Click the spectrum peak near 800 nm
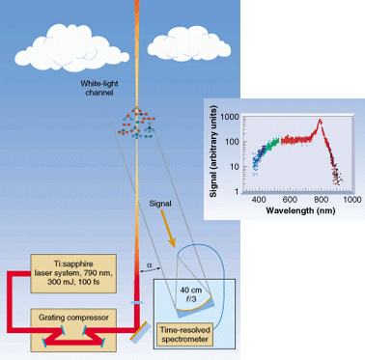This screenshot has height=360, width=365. click(x=319, y=120)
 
